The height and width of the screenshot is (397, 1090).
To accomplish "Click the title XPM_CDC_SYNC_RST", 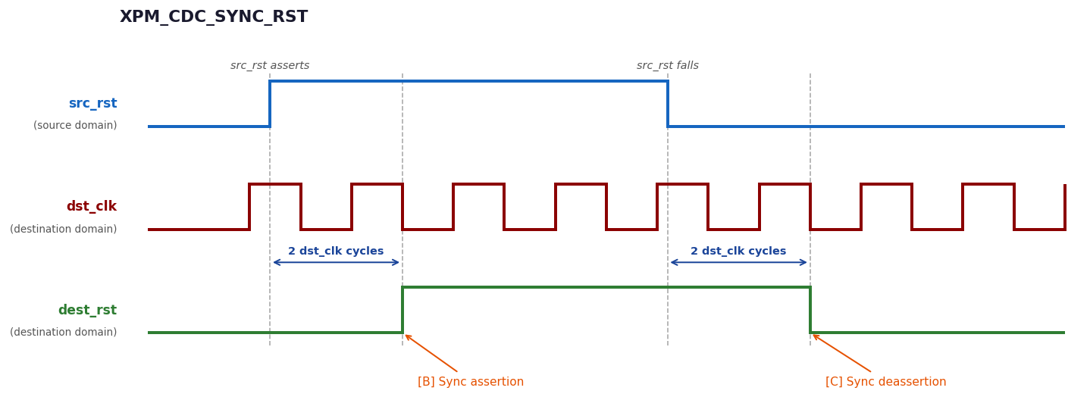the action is (x=214, y=17).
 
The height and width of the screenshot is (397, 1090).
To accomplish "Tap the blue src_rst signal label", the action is (x=93, y=103).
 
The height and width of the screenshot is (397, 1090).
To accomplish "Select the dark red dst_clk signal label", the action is (x=92, y=206).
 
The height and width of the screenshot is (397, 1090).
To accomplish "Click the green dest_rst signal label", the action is (x=88, y=310).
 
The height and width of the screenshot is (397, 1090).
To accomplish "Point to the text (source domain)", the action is (x=75, y=126).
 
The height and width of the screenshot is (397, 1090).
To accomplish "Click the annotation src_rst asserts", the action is (x=270, y=65).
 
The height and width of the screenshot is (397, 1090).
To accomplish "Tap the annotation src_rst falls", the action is (x=668, y=65).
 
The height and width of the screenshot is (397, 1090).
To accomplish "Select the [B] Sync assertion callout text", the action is (x=471, y=382).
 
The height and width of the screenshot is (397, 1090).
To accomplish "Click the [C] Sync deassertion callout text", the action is (x=885, y=382).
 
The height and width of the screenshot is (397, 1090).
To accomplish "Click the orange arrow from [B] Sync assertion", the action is (x=431, y=353).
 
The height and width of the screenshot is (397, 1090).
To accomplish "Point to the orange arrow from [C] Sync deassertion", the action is (x=842, y=353).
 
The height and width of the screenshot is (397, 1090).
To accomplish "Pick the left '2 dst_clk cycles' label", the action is (x=336, y=251).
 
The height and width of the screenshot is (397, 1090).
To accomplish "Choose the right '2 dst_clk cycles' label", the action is (x=738, y=251).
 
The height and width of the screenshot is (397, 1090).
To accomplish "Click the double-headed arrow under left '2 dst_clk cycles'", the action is (x=337, y=263).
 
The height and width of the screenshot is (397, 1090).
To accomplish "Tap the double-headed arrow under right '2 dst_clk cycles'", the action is (x=739, y=263).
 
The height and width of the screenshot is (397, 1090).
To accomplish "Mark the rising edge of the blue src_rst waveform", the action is (x=270, y=104).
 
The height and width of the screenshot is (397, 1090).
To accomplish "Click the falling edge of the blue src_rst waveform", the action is (x=668, y=104).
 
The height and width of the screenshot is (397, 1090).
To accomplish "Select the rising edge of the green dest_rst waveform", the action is (x=402, y=310).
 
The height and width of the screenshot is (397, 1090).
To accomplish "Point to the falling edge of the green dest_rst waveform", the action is (x=810, y=310).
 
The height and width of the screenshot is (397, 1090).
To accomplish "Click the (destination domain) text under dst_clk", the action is (x=63, y=229).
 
